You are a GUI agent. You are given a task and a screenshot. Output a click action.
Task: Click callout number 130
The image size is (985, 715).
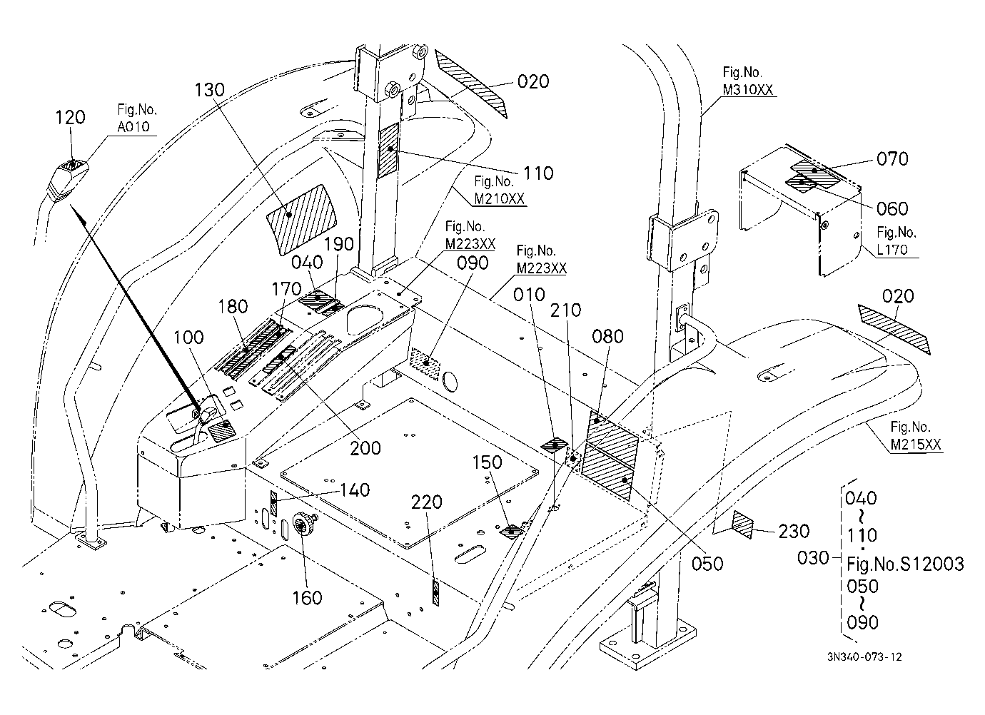[x=210, y=90]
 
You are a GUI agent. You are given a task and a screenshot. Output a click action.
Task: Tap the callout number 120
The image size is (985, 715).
[x=71, y=118]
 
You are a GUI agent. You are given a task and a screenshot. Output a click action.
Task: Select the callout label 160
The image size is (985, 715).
[x=308, y=598]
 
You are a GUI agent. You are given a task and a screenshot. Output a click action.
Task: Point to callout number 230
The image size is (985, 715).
[x=794, y=532]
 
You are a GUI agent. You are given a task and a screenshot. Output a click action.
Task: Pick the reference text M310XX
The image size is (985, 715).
[x=748, y=90]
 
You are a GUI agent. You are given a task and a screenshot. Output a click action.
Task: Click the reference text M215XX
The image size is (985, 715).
[x=916, y=445]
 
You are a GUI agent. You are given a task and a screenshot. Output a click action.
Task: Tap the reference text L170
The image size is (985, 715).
[x=892, y=249]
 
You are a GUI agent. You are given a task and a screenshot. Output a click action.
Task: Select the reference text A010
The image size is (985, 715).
[x=133, y=126]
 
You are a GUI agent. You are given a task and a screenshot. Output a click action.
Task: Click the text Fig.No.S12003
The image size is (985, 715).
[x=905, y=564]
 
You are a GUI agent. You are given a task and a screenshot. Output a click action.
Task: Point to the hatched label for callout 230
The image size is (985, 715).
[x=743, y=525]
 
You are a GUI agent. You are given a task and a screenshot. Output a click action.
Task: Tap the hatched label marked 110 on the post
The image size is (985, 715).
[x=389, y=150]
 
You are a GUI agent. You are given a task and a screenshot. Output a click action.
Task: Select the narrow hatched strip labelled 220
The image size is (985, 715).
[x=436, y=593]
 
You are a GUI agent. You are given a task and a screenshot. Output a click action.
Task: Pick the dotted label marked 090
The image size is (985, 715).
[x=425, y=364]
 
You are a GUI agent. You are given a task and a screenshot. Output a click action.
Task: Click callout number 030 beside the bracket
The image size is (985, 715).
[x=813, y=558]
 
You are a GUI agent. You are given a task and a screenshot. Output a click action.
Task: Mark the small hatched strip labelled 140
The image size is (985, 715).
[x=273, y=503]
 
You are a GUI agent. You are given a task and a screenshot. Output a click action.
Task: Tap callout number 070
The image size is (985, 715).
[x=892, y=158]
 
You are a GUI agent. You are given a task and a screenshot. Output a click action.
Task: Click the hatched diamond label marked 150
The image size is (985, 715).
[x=511, y=532]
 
